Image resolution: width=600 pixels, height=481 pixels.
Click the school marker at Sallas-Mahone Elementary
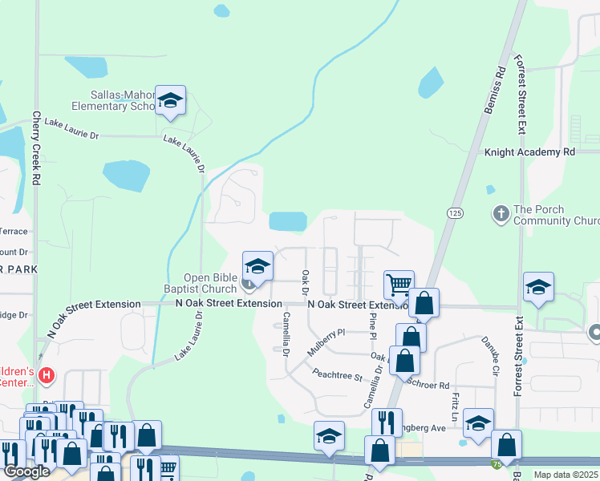pos(170,101)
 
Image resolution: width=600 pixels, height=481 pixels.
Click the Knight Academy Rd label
pos(530,152)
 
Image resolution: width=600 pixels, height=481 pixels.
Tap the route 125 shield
pos(455,212)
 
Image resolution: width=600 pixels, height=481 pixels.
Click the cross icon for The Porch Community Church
pos(501,213)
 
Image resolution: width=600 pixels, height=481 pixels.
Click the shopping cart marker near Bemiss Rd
pos(399,285)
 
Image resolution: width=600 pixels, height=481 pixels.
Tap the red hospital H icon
pos(47,374)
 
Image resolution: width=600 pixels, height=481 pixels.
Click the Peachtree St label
pos(339,374)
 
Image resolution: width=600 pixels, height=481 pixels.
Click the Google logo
pos(26,471)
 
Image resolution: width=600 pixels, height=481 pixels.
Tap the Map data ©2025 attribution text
pos(566,475)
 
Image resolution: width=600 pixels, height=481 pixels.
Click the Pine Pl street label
pos(372,326)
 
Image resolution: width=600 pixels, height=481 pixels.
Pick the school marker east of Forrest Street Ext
pos(539,289)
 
